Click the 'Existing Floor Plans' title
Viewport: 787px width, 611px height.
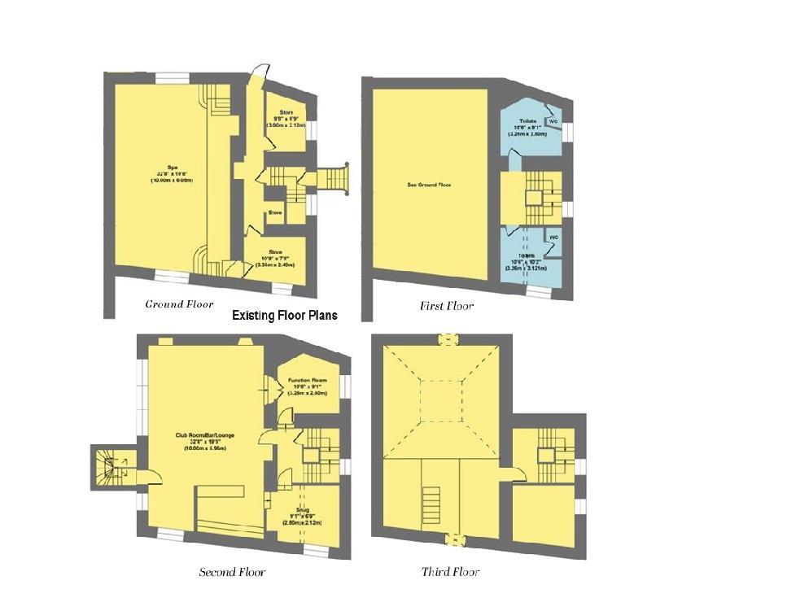pos(284,315)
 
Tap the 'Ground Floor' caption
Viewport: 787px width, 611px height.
pos(179,304)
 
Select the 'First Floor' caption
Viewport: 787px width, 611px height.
pos(447,306)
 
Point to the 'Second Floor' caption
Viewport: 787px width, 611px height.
pos(232,572)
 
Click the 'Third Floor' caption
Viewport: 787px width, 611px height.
pos(450,572)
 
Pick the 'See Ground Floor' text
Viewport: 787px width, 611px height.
pos(429,185)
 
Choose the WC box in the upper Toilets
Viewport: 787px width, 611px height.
pos(553,121)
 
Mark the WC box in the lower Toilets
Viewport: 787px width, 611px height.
pos(553,237)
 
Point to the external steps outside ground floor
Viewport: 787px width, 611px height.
pos(333,178)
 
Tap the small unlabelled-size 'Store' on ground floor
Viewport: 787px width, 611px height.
pos(275,213)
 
